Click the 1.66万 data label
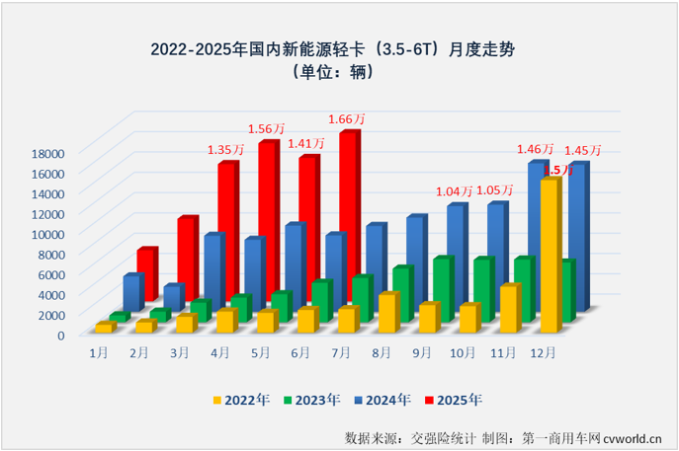347,119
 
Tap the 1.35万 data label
225,150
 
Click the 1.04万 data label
454,191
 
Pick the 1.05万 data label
494,189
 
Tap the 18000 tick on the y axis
46,152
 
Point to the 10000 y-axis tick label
46,233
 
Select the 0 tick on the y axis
60,335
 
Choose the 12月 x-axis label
543,352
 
